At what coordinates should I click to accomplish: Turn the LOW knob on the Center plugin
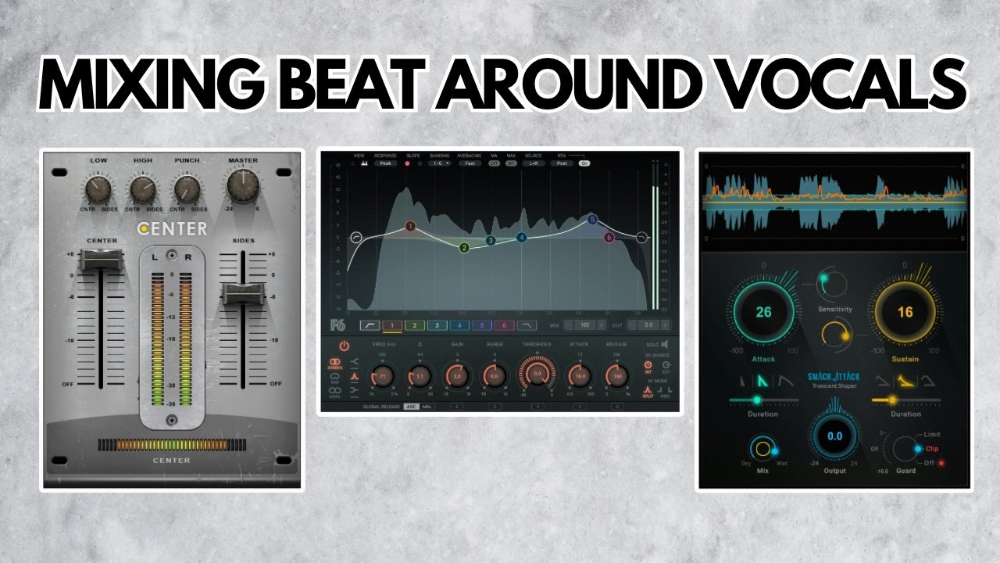(x=98, y=188)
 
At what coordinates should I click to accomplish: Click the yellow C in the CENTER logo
(x=144, y=229)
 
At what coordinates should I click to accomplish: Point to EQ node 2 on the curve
(x=464, y=248)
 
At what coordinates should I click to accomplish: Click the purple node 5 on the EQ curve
(x=592, y=220)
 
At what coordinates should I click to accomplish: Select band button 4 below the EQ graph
(x=459, y=325)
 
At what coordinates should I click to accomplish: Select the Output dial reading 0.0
(x=835, y=436)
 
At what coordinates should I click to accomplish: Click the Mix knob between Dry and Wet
(x=762, y=449)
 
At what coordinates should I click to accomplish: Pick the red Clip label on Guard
(x=932, y=448)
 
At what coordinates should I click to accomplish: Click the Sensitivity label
(x=834, y=309)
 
